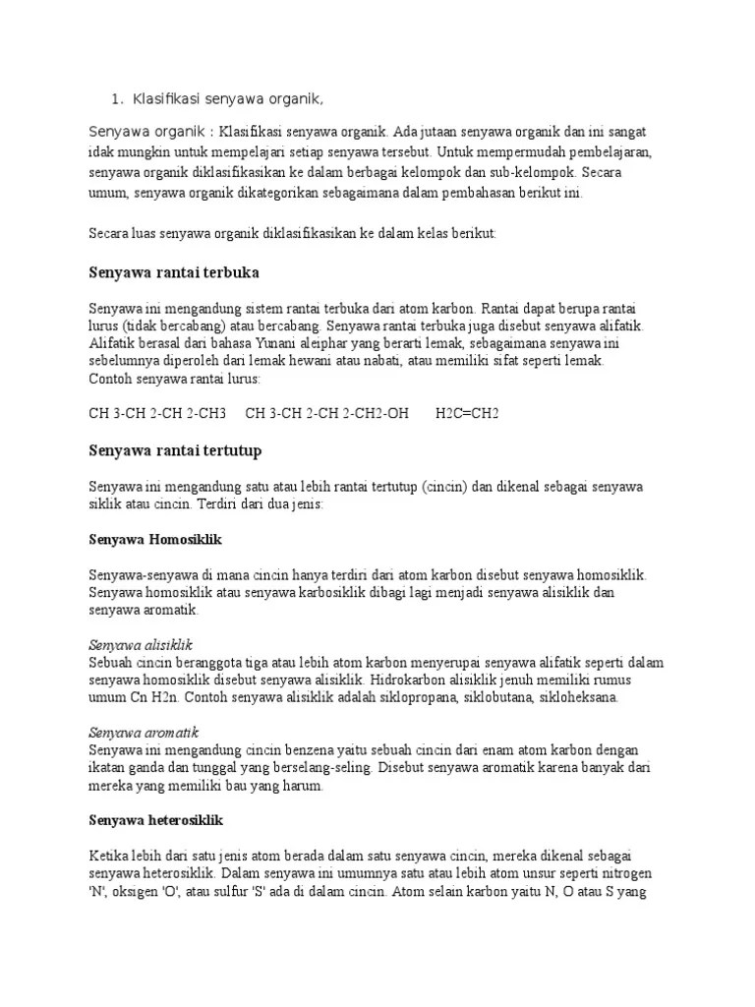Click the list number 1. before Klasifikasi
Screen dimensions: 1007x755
click(x=117, y=99)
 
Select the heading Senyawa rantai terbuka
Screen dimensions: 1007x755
click(x=174, y=271)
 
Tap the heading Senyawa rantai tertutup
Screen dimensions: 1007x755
click(x=175, y=450)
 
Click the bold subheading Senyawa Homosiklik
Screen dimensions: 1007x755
click(x=156, y=539)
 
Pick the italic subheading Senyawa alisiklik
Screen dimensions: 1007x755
click(x=140, y=645)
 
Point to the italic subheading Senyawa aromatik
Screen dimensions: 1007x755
click(x=144, y=733)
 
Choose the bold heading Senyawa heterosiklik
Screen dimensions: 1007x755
click(x=158, y=819)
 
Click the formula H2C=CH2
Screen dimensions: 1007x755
click(x=467, y=413)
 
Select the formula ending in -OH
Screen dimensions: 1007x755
click(x=326, y=413)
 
